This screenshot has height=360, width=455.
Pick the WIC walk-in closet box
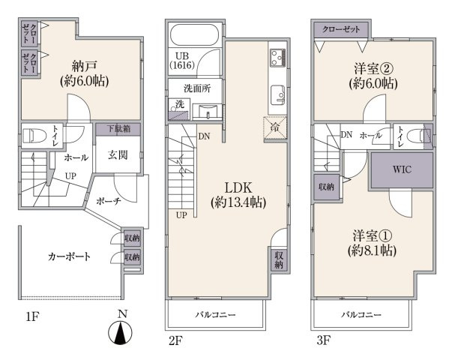click(402, 169)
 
